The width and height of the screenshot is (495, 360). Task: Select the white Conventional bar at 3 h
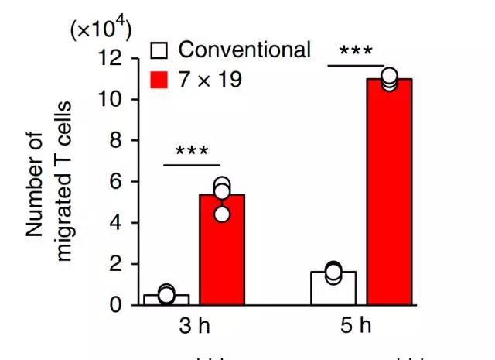166,300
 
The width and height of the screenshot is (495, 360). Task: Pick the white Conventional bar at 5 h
333,288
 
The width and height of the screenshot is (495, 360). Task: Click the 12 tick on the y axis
115,58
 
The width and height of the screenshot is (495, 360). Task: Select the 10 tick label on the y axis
115,99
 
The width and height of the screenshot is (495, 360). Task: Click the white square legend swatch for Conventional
159,51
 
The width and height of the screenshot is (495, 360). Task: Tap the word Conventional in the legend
244,50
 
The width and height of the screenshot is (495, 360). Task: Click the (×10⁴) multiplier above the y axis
101,29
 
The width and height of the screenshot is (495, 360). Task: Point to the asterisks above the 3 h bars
192,150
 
